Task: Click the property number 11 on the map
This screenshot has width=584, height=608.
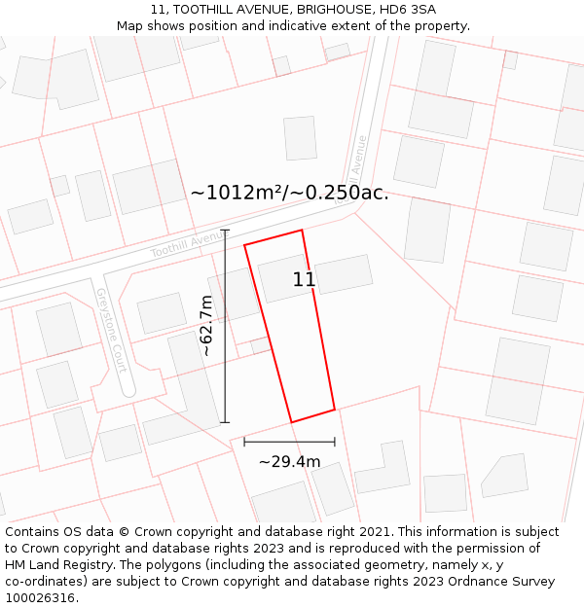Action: point(304,280)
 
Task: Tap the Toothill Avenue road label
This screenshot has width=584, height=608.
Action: point(188,244)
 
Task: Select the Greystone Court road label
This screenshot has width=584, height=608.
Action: point(112,330)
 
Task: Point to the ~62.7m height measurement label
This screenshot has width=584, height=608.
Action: point(206,326)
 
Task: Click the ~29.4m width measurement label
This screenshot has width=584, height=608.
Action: point(289,461)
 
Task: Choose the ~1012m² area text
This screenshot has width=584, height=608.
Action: point(237,193)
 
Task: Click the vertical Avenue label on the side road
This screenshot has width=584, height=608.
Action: point(359,155)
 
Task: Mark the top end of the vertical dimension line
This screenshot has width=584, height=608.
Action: point(225,231)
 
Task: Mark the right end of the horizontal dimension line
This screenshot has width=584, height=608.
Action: point(335,442)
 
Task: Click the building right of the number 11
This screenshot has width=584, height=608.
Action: point(344,273)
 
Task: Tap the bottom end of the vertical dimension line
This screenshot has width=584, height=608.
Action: point(225,422)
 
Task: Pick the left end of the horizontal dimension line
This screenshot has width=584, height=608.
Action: point(243,442)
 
